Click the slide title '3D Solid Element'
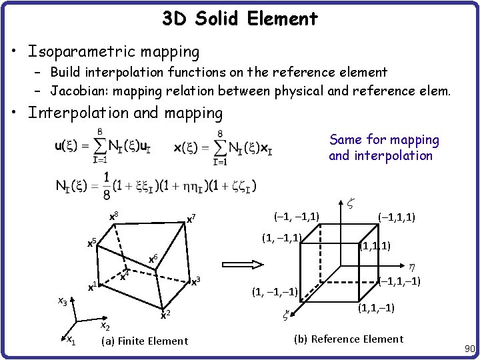tap(240, 19)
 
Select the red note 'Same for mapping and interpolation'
tap(383, 147)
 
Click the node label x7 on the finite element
tap(191, 219)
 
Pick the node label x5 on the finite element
tap(93, 243)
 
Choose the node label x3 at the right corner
tap(196, 281)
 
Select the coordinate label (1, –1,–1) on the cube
tap(275, 291)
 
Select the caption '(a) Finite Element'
tap(144, 341)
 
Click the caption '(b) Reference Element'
tap(349, 339)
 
